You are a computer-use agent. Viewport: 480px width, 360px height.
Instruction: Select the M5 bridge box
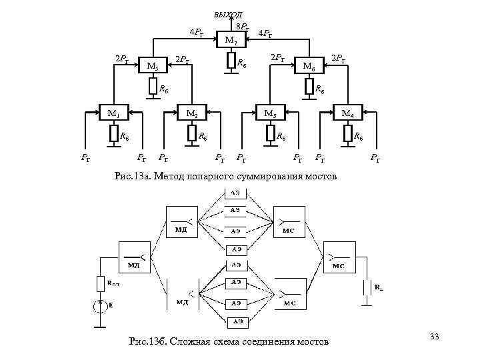point(153,65)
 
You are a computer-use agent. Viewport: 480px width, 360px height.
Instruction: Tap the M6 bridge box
point(308,65)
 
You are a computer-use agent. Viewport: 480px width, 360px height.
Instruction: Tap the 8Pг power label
point(243,27)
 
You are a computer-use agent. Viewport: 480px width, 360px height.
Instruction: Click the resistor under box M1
point(113,135)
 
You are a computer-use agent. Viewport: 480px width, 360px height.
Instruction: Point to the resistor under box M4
point(347,135)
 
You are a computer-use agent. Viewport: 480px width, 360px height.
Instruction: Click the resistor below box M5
point(153,87)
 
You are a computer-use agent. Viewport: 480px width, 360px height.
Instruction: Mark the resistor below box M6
point(309,87)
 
